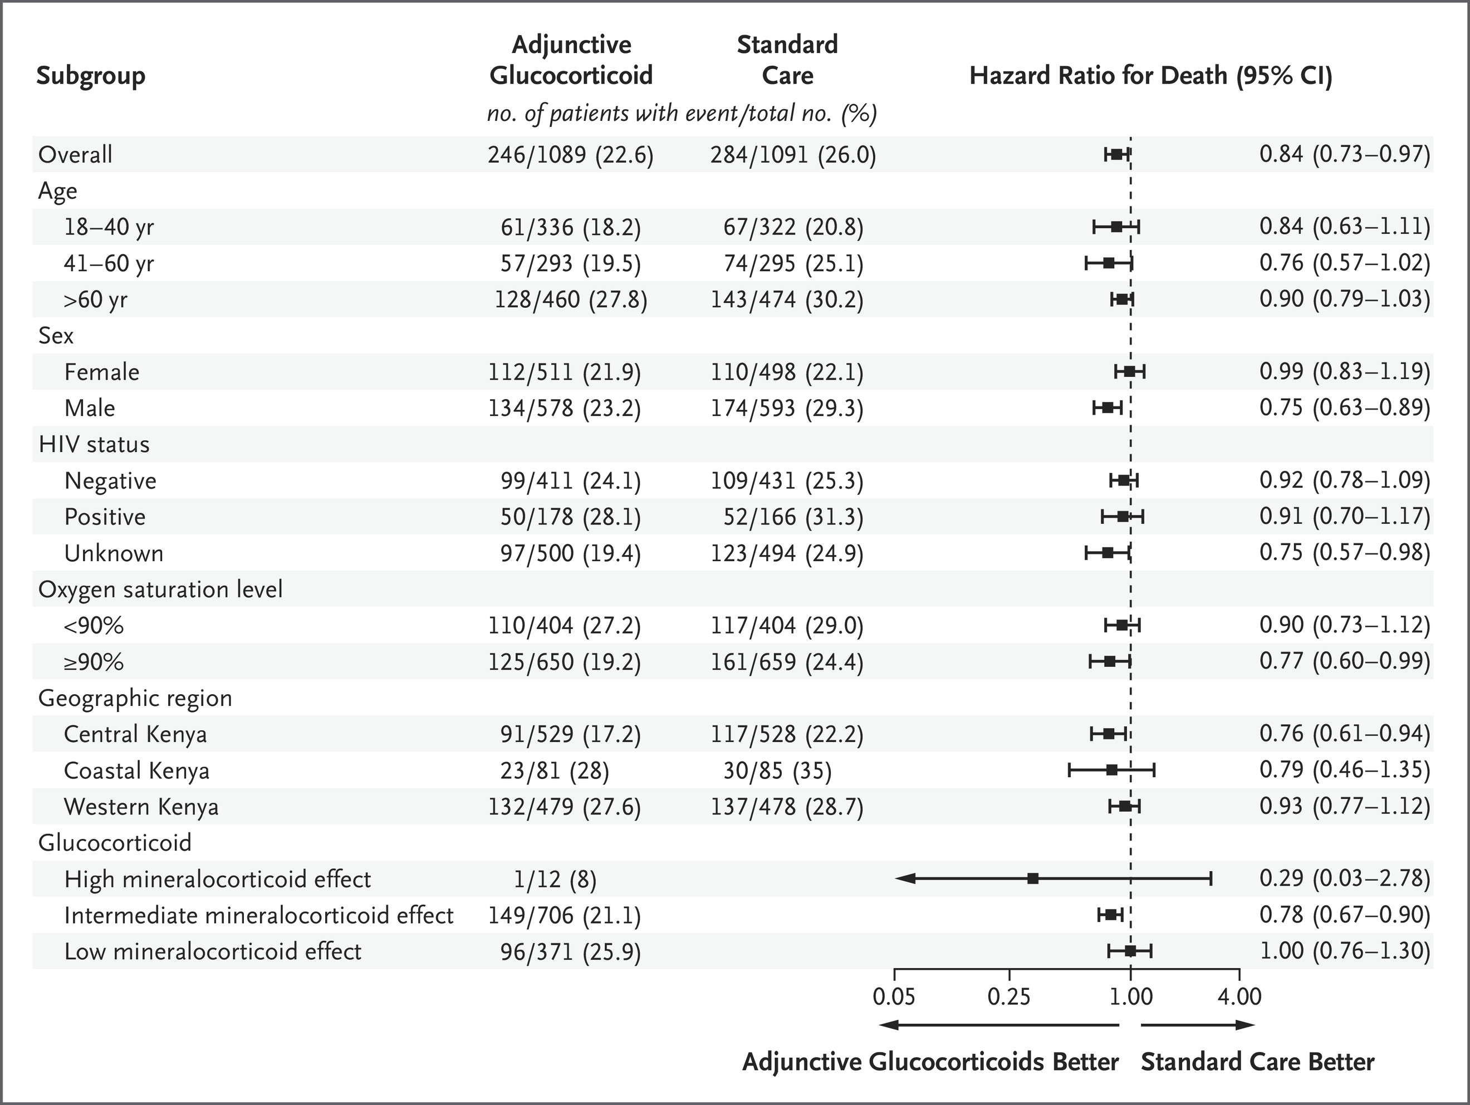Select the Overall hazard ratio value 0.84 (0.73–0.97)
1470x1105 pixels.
[x=1344, y=155]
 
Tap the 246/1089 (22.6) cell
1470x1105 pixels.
[x=571, y=155]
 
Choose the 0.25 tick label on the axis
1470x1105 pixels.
[x=1009, y=996]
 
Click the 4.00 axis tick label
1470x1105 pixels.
[x=1239, y=996]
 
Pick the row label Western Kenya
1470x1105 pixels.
[x=141, y=807]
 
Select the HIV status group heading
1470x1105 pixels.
[x=94, y=445]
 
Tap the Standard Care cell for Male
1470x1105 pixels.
[x=787, y=409]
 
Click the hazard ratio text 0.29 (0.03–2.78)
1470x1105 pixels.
[x=1344, y=878]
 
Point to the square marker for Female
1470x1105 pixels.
[x=1129, y=372]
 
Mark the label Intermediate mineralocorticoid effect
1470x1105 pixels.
[x=258, y=916]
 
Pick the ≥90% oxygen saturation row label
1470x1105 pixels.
[x=94, y=662]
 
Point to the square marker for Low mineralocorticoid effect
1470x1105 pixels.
[x=1130, y=951]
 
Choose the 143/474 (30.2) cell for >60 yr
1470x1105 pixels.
[x=787, y=299]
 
